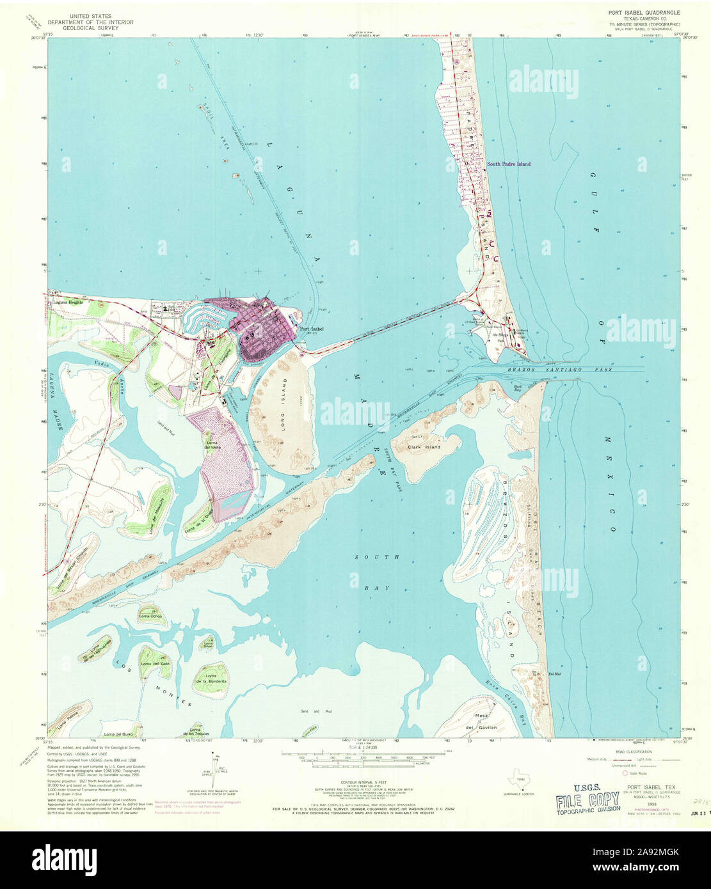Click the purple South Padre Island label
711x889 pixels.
click(508, 164)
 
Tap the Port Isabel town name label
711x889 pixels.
click(311, 329)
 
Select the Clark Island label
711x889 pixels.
click(424, 447)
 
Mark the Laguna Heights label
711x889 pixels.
click(68, 301)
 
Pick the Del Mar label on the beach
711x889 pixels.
click(554, 673)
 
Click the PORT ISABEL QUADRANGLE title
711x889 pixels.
click(643, 13)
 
